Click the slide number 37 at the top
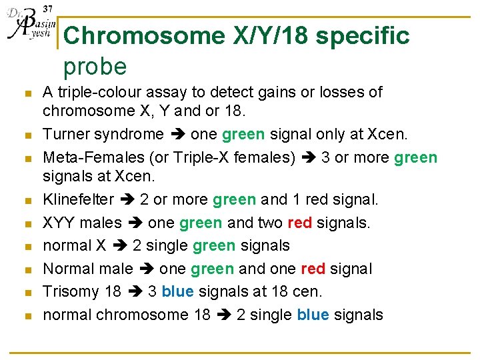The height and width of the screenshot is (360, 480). pyautogui.click(x=47, y=8)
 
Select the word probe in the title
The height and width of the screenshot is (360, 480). pyautogui.click(x=95, y=67)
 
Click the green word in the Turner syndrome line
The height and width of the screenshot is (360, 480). pyautogui.click(x=243, y=134)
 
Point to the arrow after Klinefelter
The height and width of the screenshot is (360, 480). pyautogui.click(x=127, y=199)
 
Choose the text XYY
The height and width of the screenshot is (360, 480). pyautogui.click(x=58, y=223)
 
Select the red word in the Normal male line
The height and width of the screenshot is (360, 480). pyautogui.click(x=313, y=269)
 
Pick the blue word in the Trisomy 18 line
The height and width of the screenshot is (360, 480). pyautogui.click(x=177, y=291)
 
